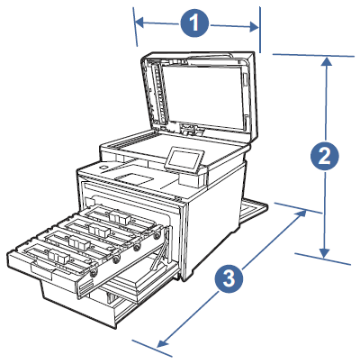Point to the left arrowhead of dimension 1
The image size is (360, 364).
coord(138,16)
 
